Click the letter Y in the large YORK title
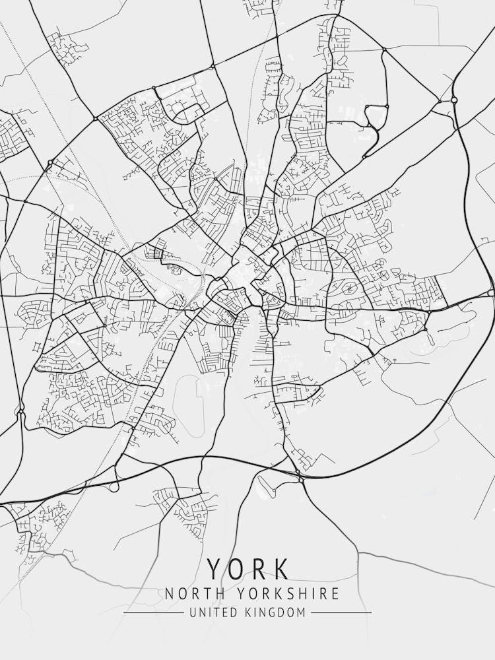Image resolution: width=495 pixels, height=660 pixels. pyautogui.click(x=215, y=569)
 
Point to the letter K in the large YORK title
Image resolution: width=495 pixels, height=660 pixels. pyautogui.click(x=280, y=569)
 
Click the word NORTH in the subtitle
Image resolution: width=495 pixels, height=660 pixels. pyautogui.click(x=189, y=593)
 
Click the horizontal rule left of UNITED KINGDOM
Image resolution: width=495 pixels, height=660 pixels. pyautogui.click(x=153, y=612)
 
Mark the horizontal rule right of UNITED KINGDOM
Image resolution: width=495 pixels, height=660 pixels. pyautogui.click(x=341, y=612)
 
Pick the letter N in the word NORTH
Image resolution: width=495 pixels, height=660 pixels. pyautogui.click(x=170, y=593)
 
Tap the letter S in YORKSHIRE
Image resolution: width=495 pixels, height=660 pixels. pyautogui.click(x=280, y=593)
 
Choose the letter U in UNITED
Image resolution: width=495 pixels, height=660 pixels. pyautogui.click(x=193, y=612)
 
